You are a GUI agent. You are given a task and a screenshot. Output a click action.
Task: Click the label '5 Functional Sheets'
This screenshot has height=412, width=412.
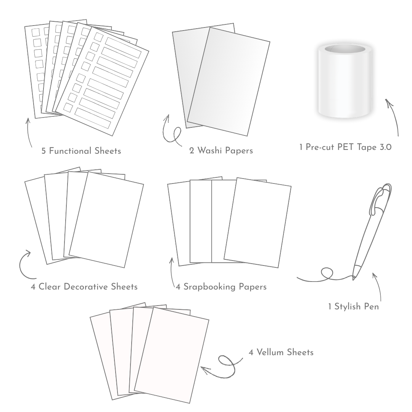[x=81, y=151]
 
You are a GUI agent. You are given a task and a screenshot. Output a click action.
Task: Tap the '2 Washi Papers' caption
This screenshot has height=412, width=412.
[x=221, y=151]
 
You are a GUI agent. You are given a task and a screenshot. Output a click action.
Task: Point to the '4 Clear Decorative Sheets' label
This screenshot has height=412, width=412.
[x=84, y=286]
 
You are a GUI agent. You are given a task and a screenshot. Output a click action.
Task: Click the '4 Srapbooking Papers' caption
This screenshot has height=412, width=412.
[x=221, y=286]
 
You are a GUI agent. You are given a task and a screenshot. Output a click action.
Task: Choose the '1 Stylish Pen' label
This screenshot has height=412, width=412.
[x=353, y=306]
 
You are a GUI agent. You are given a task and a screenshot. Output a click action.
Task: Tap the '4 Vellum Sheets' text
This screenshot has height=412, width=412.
[x=281, y=352]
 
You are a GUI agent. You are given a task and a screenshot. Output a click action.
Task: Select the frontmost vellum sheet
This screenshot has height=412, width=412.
[x=172, y=355]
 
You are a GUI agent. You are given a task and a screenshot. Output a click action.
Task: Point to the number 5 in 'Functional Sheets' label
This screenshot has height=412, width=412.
[x=44, y=151]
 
